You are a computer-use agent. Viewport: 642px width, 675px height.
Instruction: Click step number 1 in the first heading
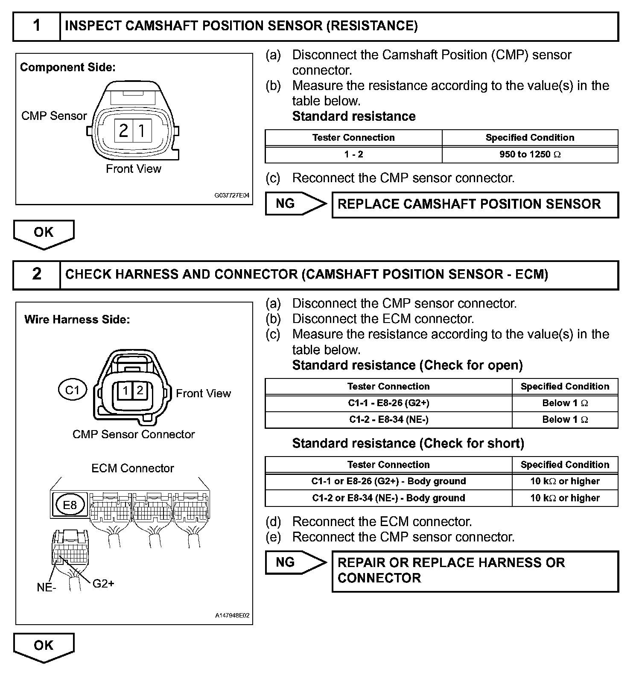tap(37, 26)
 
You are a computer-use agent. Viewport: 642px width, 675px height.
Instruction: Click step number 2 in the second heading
tap(37, 274)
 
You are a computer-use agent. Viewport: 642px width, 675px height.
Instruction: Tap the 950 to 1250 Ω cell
tap(530, 154)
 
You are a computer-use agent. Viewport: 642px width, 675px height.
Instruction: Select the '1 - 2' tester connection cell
tap(353, 154)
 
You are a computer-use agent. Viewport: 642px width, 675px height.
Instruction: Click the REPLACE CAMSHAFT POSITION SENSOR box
tap(475, 204)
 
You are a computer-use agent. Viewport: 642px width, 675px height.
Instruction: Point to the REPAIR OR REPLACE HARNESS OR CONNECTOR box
tap(475, 571)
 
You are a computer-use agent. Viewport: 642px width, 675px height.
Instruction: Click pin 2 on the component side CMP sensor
tap(124, 130)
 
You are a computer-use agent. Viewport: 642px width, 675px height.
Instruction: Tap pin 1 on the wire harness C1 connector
tap(125, 390)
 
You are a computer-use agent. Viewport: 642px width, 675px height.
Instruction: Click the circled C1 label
tap(73, 390)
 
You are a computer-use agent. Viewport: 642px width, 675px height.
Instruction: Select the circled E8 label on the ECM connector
tap(70, 505)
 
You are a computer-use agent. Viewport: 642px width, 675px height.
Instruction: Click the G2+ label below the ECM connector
tap(103, 583)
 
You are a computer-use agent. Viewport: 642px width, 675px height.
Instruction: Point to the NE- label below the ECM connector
tap(46, 588)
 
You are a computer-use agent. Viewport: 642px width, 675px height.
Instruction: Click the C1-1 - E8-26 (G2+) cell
tap(388, 403)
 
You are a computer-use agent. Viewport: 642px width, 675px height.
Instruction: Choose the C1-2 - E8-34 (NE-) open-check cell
tap(388, 419)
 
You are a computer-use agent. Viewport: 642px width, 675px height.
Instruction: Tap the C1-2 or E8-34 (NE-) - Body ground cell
tap(388, 498)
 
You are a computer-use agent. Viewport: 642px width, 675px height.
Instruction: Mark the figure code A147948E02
tap(232, 616)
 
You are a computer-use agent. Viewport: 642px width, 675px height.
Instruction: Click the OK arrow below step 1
tap(44, 233)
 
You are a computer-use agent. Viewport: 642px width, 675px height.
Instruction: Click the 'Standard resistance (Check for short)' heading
tap(408, 443)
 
